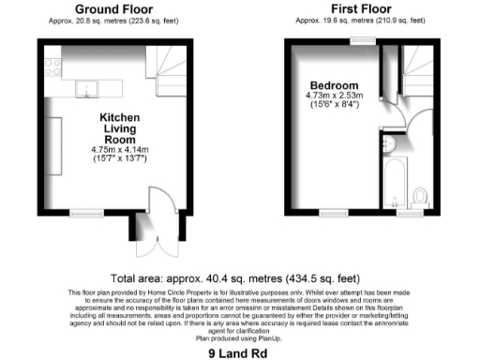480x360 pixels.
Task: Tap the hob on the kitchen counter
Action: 54,67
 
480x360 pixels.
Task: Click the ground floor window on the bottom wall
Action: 86,216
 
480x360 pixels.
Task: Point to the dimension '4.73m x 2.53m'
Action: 333,95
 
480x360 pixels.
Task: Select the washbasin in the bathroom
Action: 389,142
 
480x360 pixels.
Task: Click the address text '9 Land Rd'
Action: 239,354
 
